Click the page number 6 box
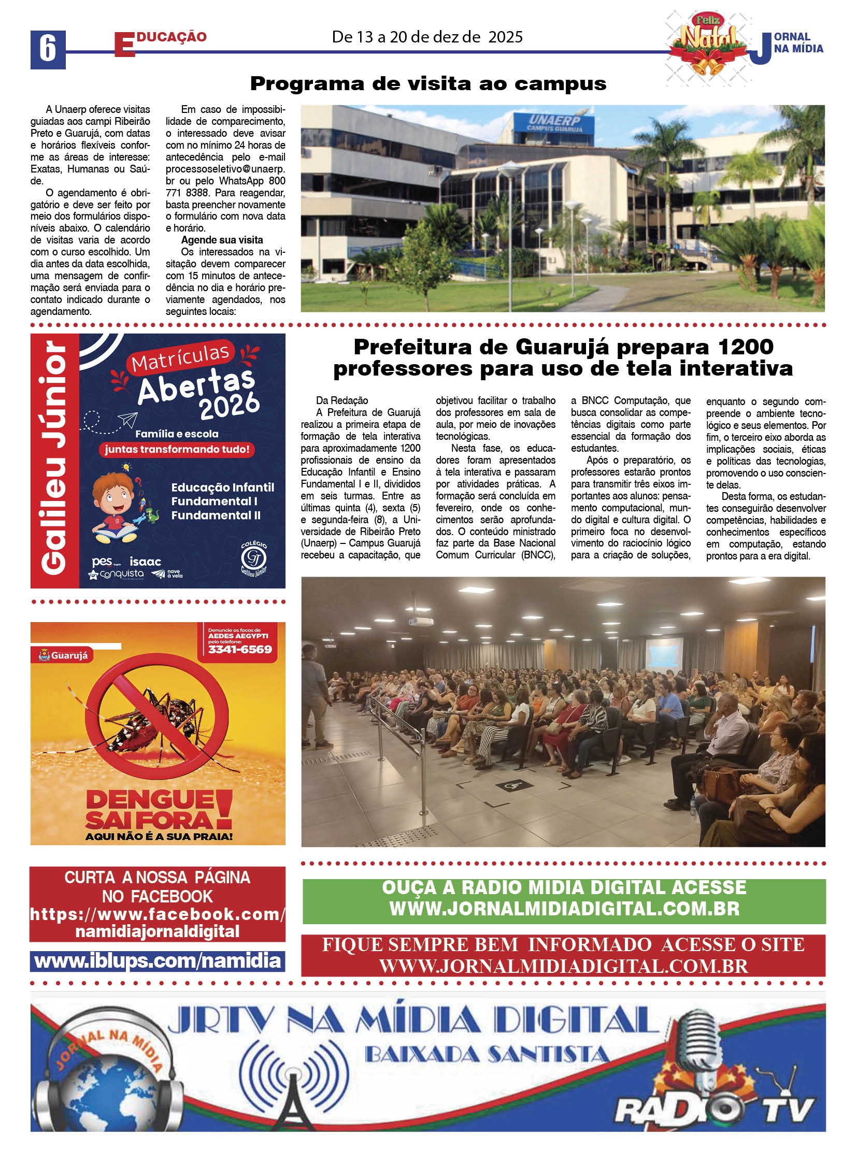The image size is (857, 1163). [x=48, y=50]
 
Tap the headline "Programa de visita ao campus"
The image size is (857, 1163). [x=428, y=83]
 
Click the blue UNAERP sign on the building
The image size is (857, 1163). [x=554, y=123]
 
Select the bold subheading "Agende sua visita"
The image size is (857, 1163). [x=222, y=240]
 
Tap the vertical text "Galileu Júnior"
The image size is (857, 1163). [x=54, y=460]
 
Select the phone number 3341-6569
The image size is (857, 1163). [x=240, y=649]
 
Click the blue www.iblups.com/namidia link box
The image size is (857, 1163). [x=157, y=961]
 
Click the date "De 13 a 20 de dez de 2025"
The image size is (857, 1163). [x=427, y=37]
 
